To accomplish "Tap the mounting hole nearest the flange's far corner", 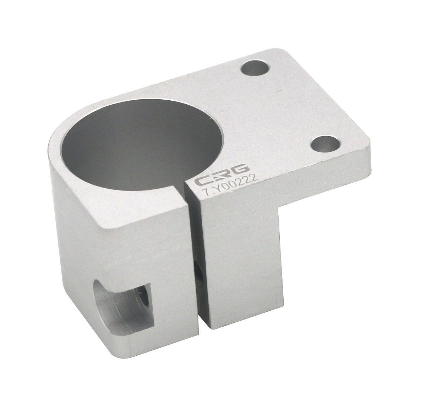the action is click(x=255, y=69).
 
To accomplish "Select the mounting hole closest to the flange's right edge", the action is click(x=325, y=144).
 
